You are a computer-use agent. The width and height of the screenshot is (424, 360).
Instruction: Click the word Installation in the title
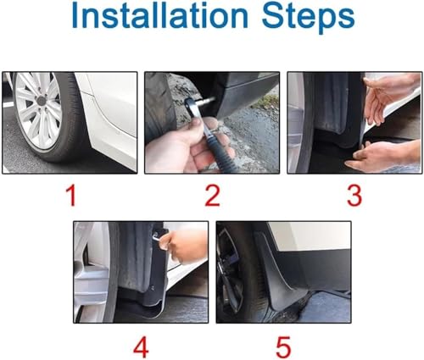pos(159,14)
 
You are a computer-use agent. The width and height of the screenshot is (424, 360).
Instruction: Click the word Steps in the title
pos(308,18)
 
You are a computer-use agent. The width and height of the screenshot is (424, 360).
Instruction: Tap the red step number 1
pos(71,196)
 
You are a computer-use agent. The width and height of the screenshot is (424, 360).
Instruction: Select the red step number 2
pos(212,196)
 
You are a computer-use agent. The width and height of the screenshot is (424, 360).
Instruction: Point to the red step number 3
pos(354,196)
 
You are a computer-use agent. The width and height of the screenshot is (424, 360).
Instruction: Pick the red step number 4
pos(141,347)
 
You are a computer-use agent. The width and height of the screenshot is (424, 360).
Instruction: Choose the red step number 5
pos(283,347)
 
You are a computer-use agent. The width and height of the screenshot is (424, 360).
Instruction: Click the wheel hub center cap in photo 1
pos(42,101)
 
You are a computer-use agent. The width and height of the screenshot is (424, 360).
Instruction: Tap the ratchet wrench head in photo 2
pos(191,105)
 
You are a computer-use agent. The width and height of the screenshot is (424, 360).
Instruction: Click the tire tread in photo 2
pos(159,108)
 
